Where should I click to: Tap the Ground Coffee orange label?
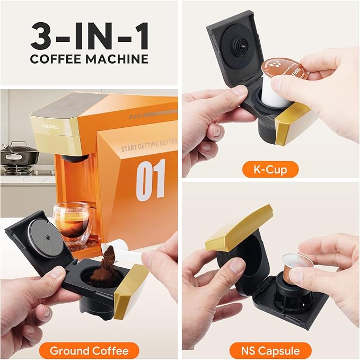[89, 350]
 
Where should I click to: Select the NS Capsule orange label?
[271, 350]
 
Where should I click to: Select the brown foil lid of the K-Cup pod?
[284, 70]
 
